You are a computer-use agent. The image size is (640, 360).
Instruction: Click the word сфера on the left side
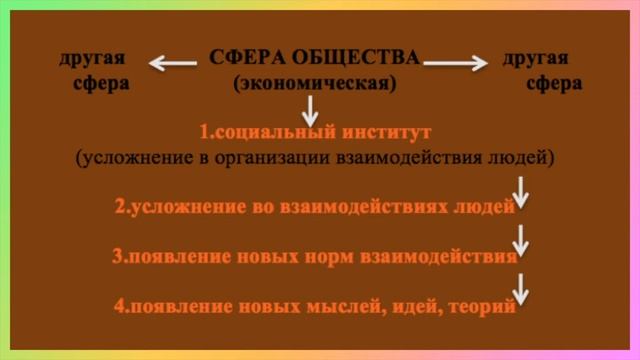[x=101, y=83]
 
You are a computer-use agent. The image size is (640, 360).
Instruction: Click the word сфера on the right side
[x=553, y=83]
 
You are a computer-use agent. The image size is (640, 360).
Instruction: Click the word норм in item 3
[x=318, y=256]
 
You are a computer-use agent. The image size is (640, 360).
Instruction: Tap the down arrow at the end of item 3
[x=521, y=241]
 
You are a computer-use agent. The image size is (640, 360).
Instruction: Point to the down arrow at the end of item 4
[x=521, y=290]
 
